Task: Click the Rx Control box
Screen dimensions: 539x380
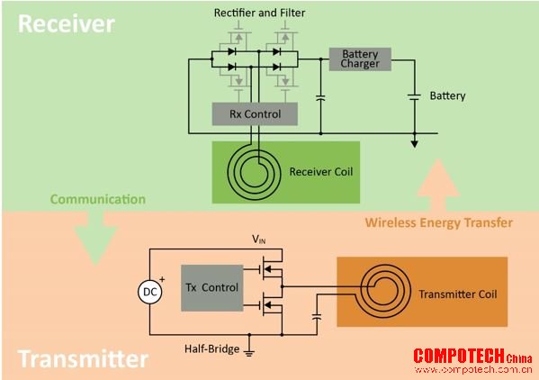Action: [x=255, y=113]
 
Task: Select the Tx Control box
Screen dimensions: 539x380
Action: [x=212, y=288]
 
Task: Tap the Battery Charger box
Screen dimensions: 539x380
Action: [x=360, y=59]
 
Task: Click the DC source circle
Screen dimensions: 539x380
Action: [x=150, y=292]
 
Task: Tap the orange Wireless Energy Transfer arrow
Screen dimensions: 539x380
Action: [x=438, y=185]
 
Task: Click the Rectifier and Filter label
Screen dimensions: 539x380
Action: [x=259, y=14]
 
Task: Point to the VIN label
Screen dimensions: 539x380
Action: [x=258, y=239]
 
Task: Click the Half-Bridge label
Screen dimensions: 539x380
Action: [x=211, y=348]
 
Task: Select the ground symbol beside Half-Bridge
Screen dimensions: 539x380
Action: [x=249, y=351]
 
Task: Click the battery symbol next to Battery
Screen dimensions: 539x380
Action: [x=415, y=97]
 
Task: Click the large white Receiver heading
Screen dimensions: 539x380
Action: [x=67, y=23]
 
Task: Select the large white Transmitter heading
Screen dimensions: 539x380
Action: [x=83, y=358]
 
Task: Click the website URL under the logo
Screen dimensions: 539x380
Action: [x=473, y=370]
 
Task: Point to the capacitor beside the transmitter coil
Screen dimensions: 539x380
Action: [x=317, y=317]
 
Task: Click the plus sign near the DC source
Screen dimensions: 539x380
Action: [x=162, y=279]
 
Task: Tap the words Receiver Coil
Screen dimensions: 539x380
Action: [x=321, y=172]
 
